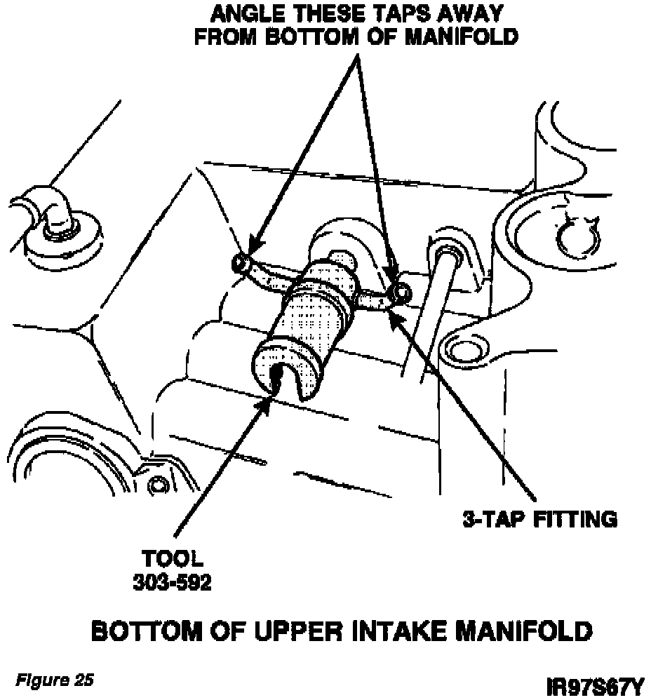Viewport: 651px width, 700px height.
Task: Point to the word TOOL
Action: (x=173, y=559)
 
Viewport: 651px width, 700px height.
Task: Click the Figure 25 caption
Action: (x=55, y=680)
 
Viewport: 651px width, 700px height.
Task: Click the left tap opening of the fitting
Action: (x=239, y=263)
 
